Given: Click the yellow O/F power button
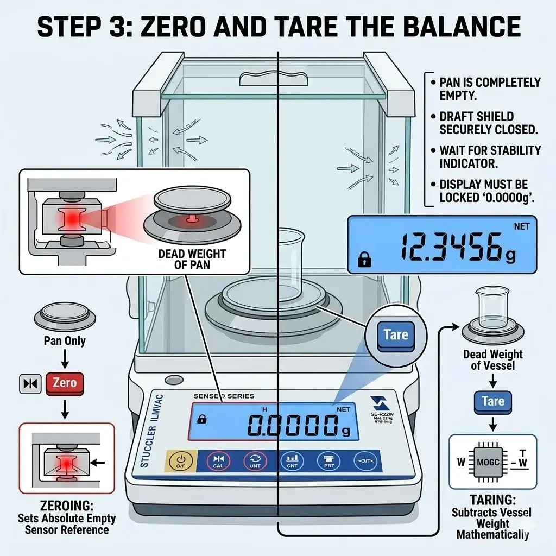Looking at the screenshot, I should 181,462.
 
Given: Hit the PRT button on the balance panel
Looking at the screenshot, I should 327,462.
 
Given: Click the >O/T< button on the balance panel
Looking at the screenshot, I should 364,462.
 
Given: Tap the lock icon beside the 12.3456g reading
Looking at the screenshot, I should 363,261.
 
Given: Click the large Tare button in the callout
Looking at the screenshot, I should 395,334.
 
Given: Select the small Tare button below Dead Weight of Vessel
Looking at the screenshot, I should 492,401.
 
